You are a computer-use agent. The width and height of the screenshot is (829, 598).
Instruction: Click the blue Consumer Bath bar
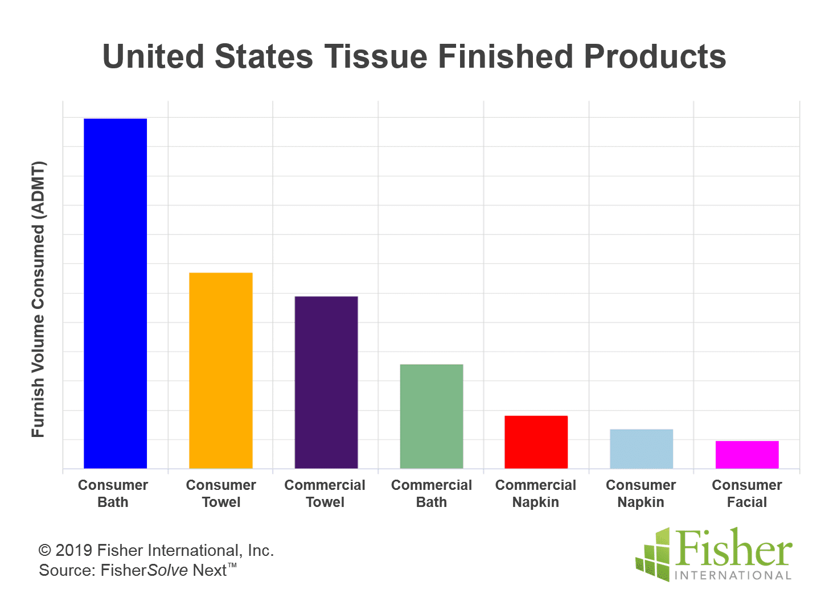click(116, 294)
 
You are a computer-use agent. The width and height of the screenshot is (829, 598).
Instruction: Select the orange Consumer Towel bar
click(221, 370)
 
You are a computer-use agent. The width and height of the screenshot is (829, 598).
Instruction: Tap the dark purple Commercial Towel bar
click(326, 382)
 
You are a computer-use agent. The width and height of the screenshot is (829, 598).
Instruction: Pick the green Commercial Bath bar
click(432, 416)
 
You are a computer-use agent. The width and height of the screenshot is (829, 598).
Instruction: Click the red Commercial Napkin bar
click(536, 442)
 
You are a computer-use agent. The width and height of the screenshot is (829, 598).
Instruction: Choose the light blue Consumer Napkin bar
click(641, 449)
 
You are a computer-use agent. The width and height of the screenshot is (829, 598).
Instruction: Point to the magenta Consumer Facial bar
click(747, 455)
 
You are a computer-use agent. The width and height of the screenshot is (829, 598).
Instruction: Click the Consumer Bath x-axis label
click(113, 493)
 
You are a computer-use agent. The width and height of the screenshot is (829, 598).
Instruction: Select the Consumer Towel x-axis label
click(221, 493)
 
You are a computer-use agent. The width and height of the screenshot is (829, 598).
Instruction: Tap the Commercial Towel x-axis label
click(325, 493)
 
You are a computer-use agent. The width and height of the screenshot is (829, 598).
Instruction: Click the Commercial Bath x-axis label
click(432, 493)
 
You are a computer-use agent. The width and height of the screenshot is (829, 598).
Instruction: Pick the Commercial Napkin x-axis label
click(536, 493)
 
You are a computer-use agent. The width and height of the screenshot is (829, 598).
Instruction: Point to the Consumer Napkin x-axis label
click(641, 493)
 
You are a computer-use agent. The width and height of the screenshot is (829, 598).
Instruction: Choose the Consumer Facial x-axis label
click(747, 493)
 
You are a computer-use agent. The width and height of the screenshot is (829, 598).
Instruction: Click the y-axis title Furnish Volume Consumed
click(38, 299)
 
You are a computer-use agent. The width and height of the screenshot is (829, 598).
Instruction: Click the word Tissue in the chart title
click(376, 56)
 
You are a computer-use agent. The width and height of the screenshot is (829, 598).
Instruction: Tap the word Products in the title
click(655, 56)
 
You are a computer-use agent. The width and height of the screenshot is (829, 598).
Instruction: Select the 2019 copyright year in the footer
click(73, 550)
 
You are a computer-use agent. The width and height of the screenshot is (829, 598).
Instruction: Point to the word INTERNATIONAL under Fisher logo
click(733, 575)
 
